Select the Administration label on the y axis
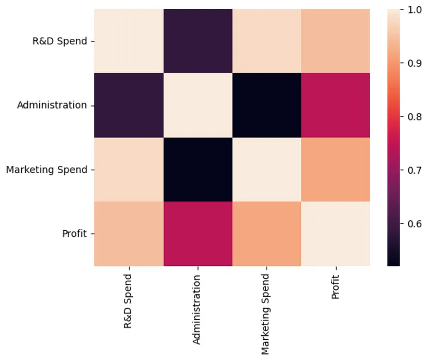(x=52, y=105)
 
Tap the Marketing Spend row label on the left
(x=47, y=169)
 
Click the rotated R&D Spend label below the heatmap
(x=128, y=301)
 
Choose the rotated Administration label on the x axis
(x=197, y=309)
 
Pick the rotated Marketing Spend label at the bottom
(x=266, y=314)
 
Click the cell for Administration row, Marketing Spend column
(x=266, y=105)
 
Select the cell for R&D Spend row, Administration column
(x=197, y=41)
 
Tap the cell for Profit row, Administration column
(x=197, y=233)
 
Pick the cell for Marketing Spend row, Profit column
(x=335, y=169)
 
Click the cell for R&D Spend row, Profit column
(x=335, y=41)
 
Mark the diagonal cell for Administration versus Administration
(x=197, y=105)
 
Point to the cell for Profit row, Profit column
(x=335, y=233)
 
